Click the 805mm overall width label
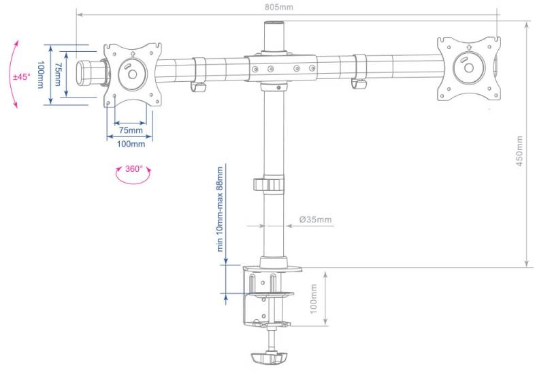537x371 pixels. click(x=279, y=7)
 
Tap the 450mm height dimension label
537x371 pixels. click(x=519, y=151)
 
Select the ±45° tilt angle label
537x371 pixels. click(x=22, y=76)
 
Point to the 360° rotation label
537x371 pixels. click(x=133, y=169)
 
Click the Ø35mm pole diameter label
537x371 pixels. click(x=315, y=220)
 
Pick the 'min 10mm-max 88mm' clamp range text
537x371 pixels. click(x=220, y=209)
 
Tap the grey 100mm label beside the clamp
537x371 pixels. click(x=313, y=299)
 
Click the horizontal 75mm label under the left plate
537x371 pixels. click(x=131, y=130)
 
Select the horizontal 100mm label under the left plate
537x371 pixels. click(x=131, y=144)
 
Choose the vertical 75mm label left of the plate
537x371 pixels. click(x=58, y=74)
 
